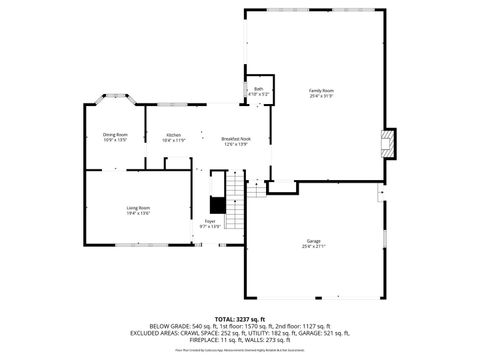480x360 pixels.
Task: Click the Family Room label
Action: point(320,91)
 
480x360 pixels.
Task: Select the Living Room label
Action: point(138,208)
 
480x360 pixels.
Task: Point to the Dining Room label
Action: point(115,135)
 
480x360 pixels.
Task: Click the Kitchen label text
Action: point(173,135)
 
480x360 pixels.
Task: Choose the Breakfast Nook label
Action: point(236,139)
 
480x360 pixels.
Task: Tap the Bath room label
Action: point(258,89)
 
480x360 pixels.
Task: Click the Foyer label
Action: point(210,221)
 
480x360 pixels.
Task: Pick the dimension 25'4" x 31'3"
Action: point(320,96)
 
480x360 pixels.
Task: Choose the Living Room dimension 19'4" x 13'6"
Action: point(138,213)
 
